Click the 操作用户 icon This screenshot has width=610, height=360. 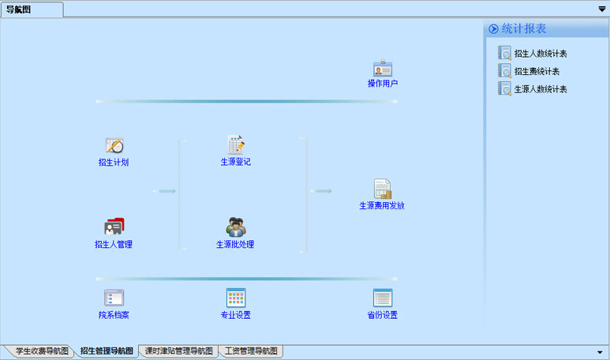pyautogui.click(x=383, y=69)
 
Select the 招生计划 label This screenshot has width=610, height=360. pyautogui.click(x=114, y=163)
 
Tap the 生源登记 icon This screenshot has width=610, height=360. pyautogui.click(x=236, y=144)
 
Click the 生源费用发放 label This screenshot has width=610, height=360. pyautogui.click(x=382, y=206)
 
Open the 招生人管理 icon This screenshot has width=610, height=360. pyautogui.click(x=114, y=227)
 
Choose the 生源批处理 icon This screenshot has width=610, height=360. pyautogui.click(x=236, y=227)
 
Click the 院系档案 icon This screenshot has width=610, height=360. pyautogui.click(x=114, y=298)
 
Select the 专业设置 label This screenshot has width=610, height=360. pyautogui.click(x=236, y=316)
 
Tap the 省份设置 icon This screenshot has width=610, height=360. pyautogui.click(x=383, y=298)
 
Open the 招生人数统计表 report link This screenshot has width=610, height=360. pyautogui.click(x=541, y=54)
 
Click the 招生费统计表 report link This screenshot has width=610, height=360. pyautogui.click(x=536, y=72)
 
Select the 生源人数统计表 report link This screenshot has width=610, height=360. pyautogui.click(x=541, y=89)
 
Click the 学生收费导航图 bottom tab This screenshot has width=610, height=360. pyautogui.click(x=41, y=351)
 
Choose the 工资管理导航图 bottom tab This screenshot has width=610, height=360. pyautogui.click(x=250, y=351)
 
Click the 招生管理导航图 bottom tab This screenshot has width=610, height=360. pyautogui.click(x=107, y=351)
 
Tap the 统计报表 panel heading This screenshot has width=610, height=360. pyautogui.click(x=524, y=28)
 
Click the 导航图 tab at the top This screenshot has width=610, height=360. pyautogui.click(x=19, y=9)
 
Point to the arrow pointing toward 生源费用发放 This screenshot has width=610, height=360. pyautogui.click(x=322, y=191)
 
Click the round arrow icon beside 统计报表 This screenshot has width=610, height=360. pyautogui.click(x=494, y=28)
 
